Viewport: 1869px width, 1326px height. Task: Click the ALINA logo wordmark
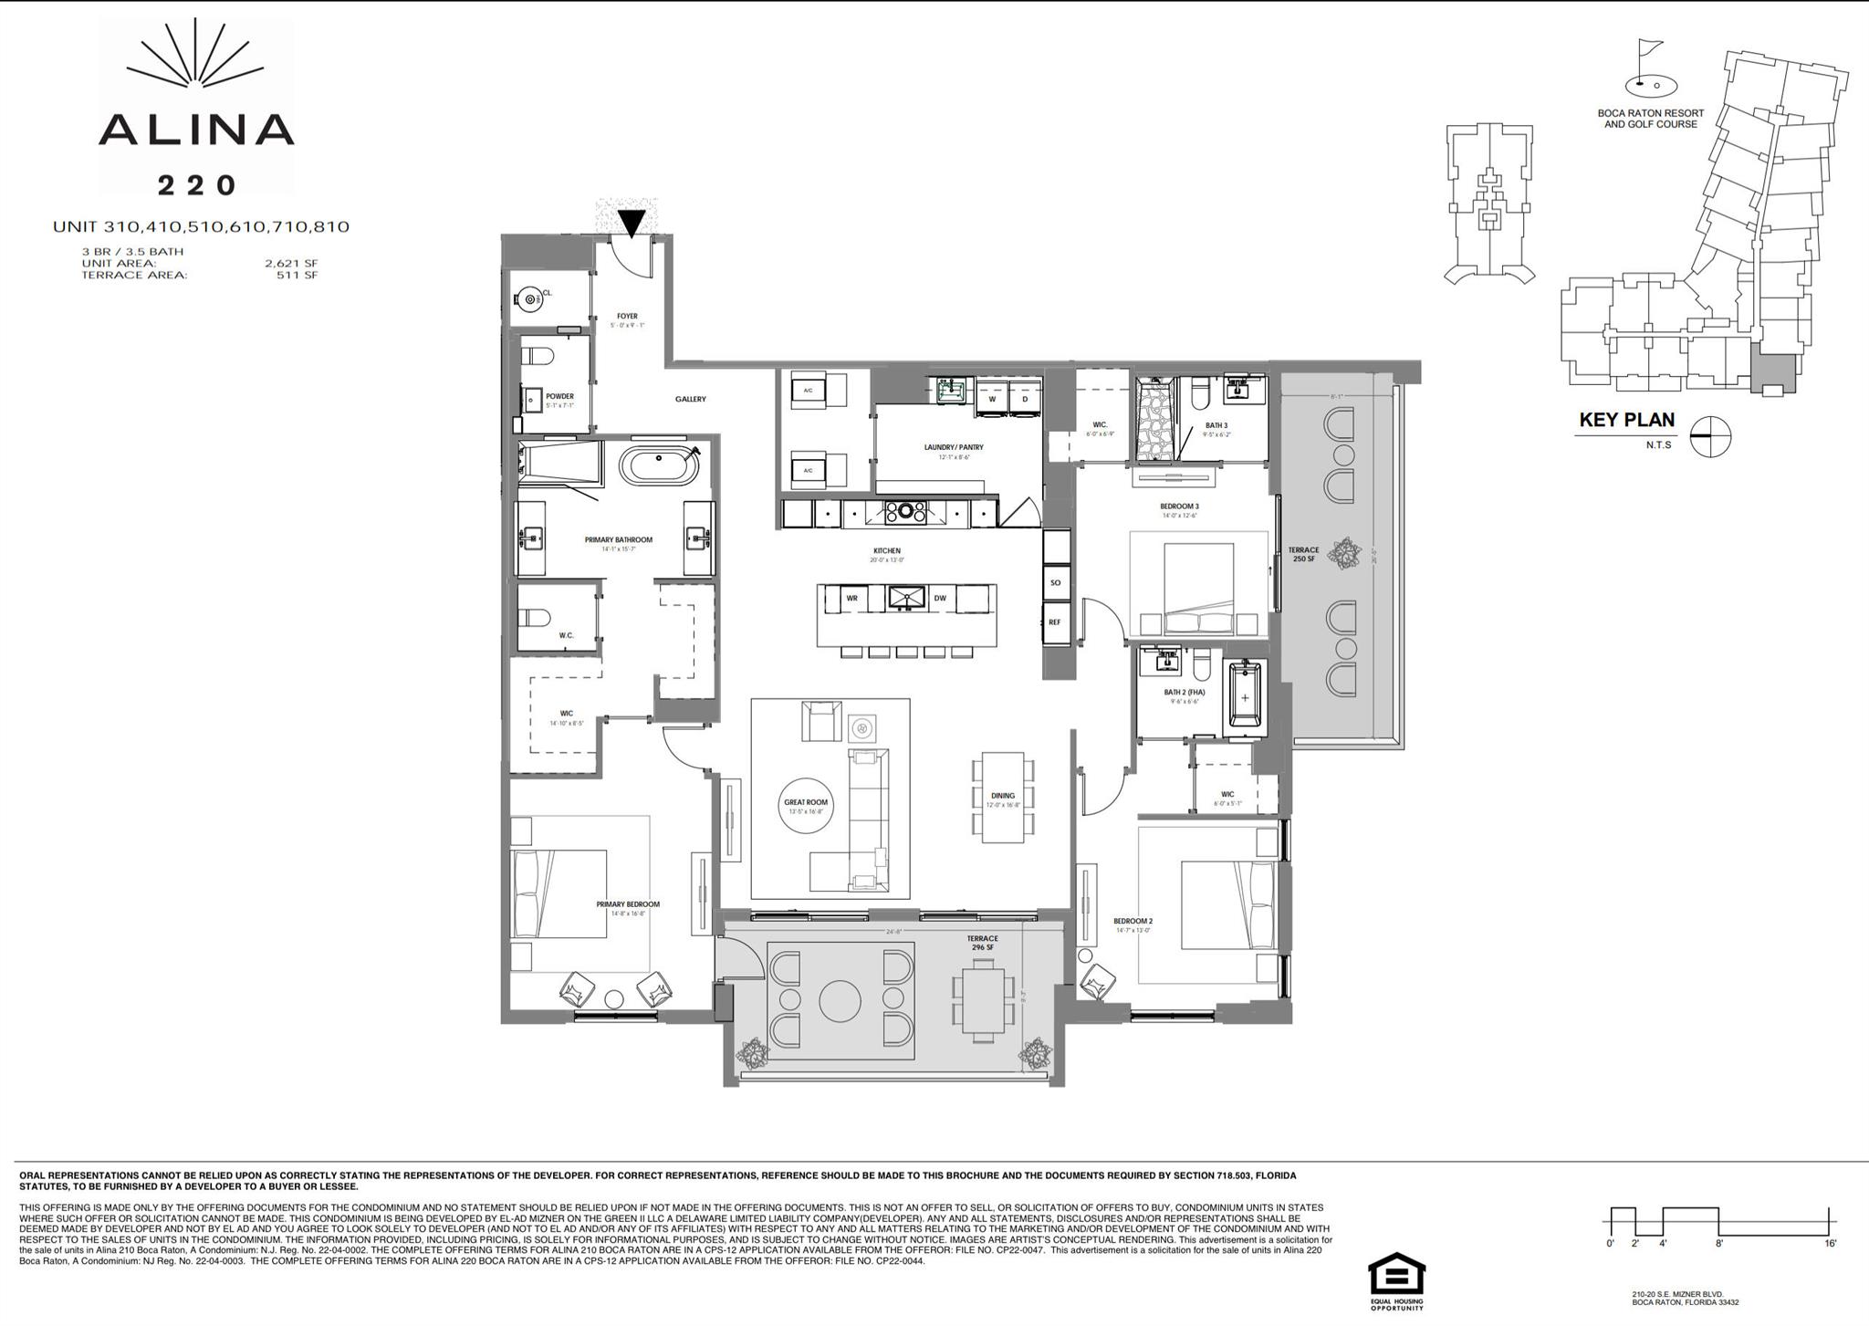196,130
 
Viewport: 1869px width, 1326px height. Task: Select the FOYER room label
627,317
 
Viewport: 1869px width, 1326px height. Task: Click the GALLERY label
691,399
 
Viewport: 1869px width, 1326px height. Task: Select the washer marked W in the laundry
992,400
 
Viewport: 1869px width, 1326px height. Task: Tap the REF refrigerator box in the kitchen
1055,622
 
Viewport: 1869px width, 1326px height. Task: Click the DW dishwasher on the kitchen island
940,599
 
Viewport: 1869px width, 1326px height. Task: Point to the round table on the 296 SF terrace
841,1001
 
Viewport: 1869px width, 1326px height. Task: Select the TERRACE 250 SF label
1303,554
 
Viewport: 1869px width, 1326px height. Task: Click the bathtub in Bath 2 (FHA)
1245,697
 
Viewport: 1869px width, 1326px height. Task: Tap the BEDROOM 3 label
1179,507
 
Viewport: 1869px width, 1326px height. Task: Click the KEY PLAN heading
1627,421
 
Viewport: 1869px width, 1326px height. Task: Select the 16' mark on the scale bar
1831,1243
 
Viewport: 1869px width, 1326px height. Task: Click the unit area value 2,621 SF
291,264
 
